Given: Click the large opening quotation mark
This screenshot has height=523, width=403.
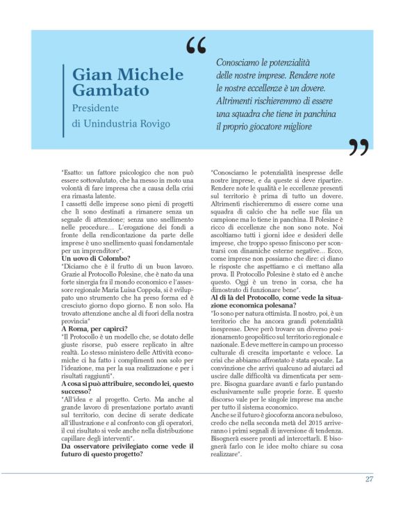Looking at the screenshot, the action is pos(197,47).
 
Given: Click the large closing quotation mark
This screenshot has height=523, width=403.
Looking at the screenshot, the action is pos(359,147).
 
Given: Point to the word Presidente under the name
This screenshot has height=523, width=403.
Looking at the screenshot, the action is pos(96,108).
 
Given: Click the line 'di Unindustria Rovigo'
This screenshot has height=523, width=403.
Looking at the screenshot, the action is pos(120,124).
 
